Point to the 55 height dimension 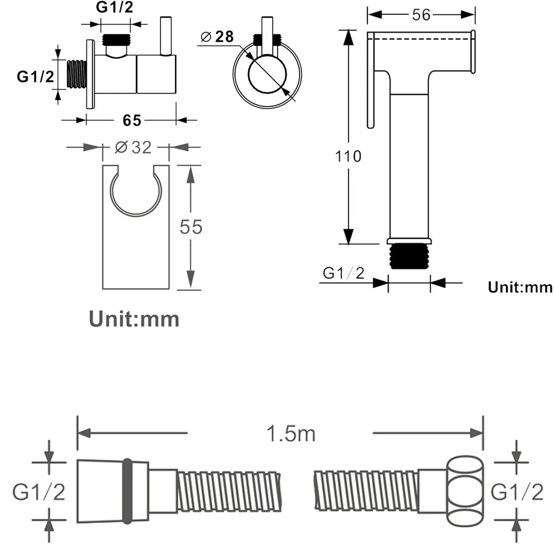click(x=191, y=227)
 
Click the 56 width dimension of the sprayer click(x=421, y=15)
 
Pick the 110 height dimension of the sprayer click(x=348, y=156)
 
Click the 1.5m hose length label click(x=291, y=434)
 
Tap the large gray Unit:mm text click(x=134, y=319)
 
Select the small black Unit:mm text click(x=520, y=287)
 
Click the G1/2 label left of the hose click(x=39, y=491)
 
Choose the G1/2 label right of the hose click(x=517, y=491)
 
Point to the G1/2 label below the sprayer click(x=344, y=273)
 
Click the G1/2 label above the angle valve click(x=115, y=7)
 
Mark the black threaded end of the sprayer click(x=409, y=257)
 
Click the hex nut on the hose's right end click(x=464, y=491)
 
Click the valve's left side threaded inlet click(x=76, y=74)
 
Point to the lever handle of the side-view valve click(x=165, y=36)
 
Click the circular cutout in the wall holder click(x=136, y=191)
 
